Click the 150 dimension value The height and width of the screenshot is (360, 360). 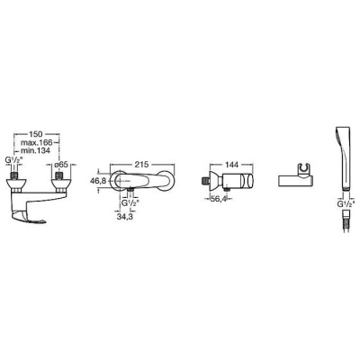coord(36,134)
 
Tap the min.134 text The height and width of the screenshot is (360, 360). coord(35,149)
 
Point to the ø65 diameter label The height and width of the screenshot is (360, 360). coord(64,165)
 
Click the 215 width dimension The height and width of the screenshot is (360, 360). coord(142,165)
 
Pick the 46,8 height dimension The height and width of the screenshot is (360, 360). coord(97,181)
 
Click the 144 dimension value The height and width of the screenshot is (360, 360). coord(231,165)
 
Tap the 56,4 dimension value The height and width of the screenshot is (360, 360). coord(217,200)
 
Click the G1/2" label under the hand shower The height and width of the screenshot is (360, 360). coord(346,203)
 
